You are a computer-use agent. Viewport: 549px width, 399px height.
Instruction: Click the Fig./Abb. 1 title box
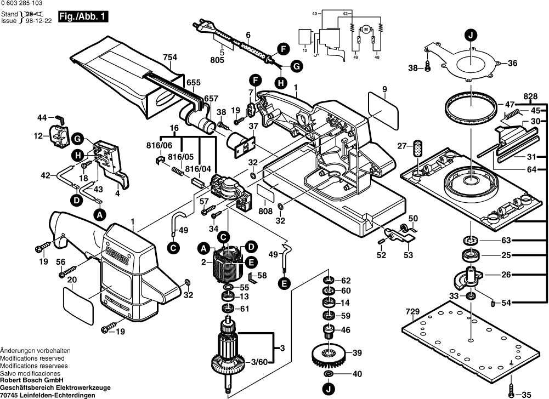click(83, 16)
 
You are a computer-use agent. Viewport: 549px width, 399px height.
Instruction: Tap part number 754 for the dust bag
click(170, 58)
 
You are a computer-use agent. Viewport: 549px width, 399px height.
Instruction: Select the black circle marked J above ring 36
click(471, 35)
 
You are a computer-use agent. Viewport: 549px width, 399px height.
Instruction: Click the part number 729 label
click(412, 311)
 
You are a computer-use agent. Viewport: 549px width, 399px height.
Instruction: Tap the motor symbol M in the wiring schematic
click(366, 30)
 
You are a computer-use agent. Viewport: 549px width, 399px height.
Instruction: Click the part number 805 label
click(217, 60)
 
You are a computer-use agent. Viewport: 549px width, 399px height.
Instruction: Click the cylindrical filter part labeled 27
click(418, 146)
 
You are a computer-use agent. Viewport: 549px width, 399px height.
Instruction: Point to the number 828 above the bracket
click(531, 96)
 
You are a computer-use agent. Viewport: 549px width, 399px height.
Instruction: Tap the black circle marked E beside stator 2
click(251, 262)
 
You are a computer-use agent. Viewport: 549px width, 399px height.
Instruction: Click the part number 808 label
click(265, 211)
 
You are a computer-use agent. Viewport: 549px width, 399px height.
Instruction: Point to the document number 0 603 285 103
click(22, 3)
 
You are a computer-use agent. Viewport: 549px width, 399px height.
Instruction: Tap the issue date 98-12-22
click(39, 21)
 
